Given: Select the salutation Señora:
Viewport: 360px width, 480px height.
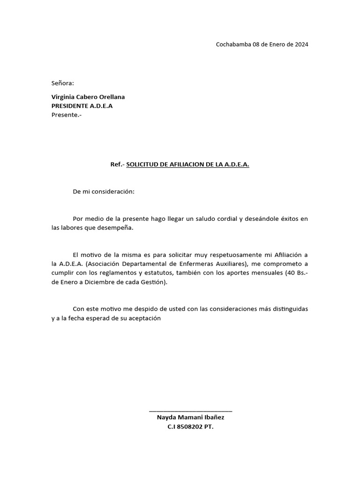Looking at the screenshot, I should pos(63,83).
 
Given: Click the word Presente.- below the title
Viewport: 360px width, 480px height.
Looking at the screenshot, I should pos(66,115).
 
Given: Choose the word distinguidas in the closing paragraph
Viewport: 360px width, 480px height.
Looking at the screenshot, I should pos(288,309).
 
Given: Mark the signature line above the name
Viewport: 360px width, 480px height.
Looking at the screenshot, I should pos(190,411).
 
